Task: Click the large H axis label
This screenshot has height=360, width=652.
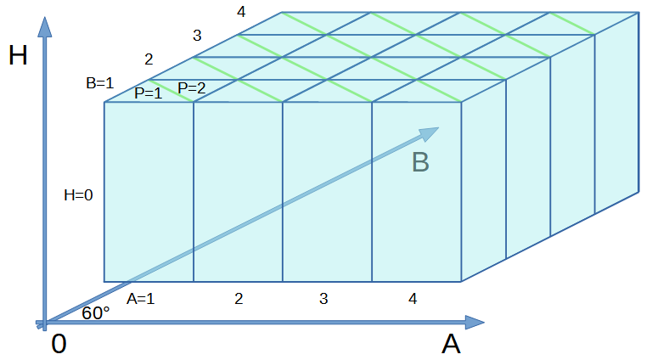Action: (18, 55)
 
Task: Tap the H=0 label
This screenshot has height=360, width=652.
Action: (78, 195)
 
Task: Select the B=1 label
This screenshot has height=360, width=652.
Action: (100, 83)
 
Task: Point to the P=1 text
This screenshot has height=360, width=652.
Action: (148, 93)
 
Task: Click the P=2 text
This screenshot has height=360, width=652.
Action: (192, 88)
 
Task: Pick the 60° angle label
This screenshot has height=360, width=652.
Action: (96, 313)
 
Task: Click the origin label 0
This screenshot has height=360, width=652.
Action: (59, 344)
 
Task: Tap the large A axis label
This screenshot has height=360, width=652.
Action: (451, 344)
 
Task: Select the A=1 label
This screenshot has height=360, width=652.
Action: (141, 299)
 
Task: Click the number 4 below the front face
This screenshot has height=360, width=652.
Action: (413, 299)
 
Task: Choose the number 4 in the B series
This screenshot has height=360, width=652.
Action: (241, 12)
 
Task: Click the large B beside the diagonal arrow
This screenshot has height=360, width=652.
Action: (420, 162)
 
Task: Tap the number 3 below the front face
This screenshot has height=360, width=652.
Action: (323, 299)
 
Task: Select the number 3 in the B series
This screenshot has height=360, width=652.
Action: (197, 36)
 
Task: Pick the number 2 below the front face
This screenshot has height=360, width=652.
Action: (239, 299)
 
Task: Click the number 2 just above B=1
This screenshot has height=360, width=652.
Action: (149, 59)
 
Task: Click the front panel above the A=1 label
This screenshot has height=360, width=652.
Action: (149, 192)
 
